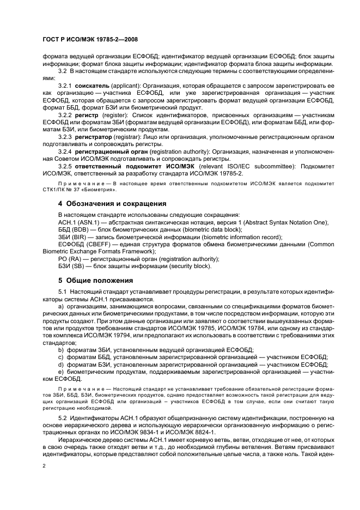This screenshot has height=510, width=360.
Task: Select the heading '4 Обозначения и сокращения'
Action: (112, 203)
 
